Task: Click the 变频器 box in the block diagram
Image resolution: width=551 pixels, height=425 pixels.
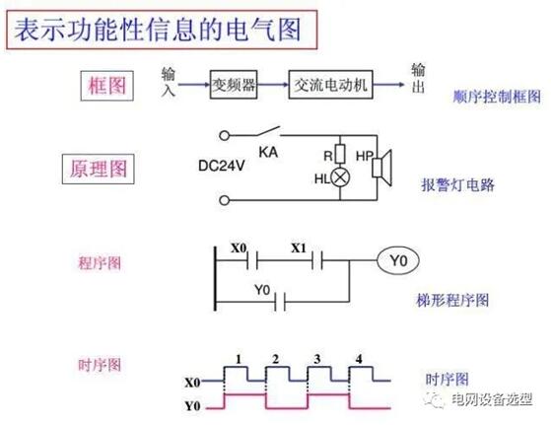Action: [x=234, y=85]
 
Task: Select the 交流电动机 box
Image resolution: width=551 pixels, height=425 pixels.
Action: [x=330, y=85]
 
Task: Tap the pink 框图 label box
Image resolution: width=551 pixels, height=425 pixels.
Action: [x=106, y=86]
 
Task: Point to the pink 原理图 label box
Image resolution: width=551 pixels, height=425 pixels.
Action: [x=98, y=169]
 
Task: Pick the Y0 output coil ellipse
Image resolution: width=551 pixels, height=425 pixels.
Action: [x=398, y=260]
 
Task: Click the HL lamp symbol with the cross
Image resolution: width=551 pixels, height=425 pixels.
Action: [x=340, y=177]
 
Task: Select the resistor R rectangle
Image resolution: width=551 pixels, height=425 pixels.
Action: [x=340, y=154]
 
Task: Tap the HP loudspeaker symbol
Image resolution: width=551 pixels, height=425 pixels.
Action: [x=382, y=168]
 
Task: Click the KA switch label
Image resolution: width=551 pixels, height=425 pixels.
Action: [x=268, y=152]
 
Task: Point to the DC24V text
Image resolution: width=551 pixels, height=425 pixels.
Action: [x=222, y=166]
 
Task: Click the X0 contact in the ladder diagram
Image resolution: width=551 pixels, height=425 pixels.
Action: [x=252, y=260]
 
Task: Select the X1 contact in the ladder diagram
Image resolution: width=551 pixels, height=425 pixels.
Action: [x=317, y=260]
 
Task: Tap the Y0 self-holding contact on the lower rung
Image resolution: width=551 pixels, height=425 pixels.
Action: [x=280, y=302]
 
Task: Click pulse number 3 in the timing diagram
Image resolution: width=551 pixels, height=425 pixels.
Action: [x=317, y=359]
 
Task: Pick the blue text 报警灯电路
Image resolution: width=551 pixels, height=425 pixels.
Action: [x=457, y=184]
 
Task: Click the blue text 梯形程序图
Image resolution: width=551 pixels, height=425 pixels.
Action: [x=452, y=300]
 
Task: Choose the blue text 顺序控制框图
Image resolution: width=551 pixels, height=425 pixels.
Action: [x=497, y=97]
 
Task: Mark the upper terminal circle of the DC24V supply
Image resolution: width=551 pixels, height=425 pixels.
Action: [x=224, y=135]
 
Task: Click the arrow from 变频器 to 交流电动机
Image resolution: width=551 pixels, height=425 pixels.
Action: [x=273, y=85]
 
